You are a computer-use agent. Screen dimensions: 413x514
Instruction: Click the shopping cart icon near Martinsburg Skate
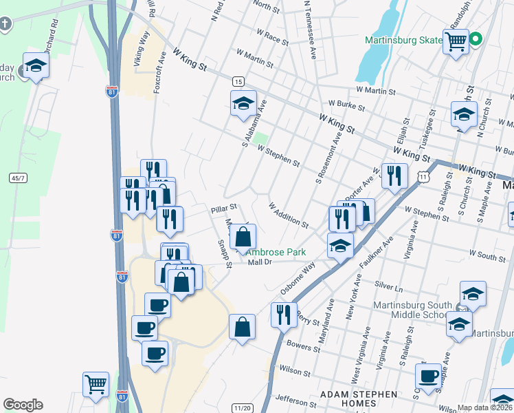point(456,41)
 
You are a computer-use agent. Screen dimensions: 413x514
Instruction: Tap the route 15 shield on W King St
point(238,81)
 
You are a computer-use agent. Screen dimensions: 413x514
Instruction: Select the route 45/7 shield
point(18,178)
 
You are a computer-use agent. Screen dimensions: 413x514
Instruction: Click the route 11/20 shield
point(242,407)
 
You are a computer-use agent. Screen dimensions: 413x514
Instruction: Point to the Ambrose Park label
point(277,253)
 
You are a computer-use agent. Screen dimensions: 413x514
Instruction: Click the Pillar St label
point(224,206)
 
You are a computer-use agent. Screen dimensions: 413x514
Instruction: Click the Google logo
point(23,405)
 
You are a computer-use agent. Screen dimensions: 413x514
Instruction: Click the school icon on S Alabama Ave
point(243,104)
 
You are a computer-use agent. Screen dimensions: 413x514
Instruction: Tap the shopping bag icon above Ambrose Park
point(243,237)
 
